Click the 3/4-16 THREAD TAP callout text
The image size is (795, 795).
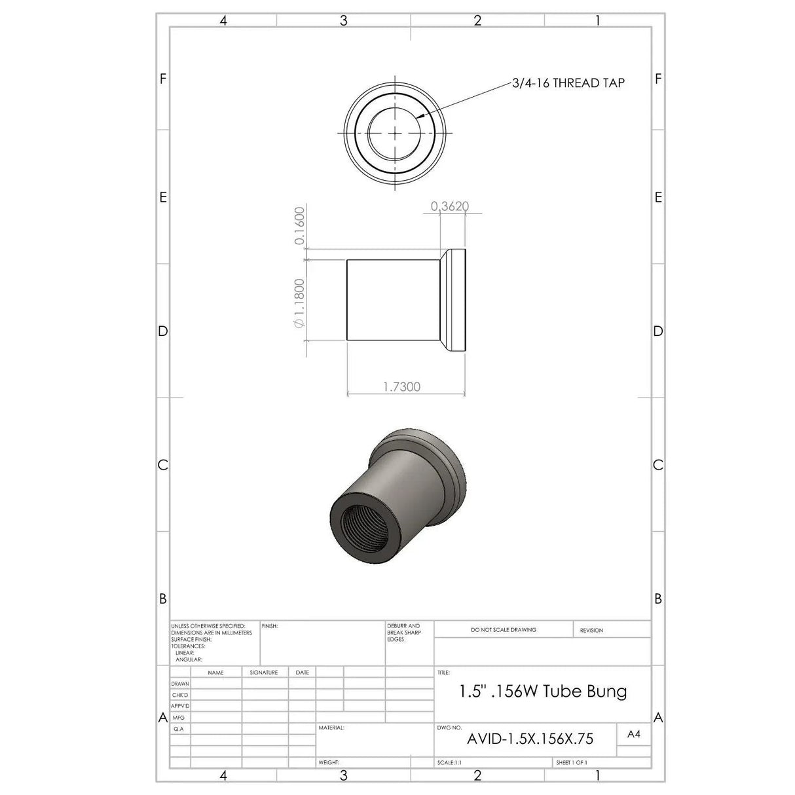tap(568, 83)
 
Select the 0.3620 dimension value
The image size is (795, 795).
tap(450, 206)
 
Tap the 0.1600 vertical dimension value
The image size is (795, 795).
tap(300, 226)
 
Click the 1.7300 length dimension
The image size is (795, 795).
tap(401, 386)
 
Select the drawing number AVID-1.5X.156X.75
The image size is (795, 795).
tap(530, 739)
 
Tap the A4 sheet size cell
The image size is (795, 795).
tap(633, 734)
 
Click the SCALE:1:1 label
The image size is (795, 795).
tap(449, 763)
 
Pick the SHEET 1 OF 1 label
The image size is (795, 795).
tap(571, 763)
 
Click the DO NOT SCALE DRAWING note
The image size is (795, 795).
tap(503, 630)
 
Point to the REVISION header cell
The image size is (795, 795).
tap(591, 630)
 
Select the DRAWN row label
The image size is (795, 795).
tap(180, 684)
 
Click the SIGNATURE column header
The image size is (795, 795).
tap(264, 673)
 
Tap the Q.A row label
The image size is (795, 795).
tap(178, 729)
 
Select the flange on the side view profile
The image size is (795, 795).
tap(454, 300)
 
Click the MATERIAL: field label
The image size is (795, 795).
tap(331, 728)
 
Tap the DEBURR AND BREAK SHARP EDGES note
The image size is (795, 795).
tap(403, 633)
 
